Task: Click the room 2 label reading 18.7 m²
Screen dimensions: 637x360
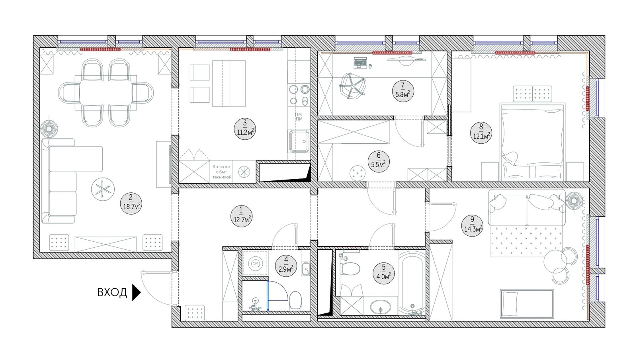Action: [131, 203]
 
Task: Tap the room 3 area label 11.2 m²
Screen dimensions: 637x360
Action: [245, 129]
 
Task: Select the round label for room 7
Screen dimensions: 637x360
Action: [403, 91]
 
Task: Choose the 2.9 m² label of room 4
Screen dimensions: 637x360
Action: [286, 266]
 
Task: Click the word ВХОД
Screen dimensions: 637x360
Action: [112, 292]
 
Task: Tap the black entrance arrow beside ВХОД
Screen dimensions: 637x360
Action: [137, 292]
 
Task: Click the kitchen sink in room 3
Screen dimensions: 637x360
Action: [299, 141]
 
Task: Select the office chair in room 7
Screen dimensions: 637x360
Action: [353, 85]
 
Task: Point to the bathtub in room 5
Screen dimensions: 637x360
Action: [412, 282]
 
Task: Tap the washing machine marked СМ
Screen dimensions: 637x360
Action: [255, 264]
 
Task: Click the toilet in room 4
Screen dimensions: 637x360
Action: [295, 301]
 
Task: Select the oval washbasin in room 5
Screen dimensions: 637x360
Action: [381, 307]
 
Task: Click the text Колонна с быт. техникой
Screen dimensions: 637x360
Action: [222, 172]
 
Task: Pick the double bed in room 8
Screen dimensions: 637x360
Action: [532, 142]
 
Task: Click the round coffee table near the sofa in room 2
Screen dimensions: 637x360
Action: [103, 189]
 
